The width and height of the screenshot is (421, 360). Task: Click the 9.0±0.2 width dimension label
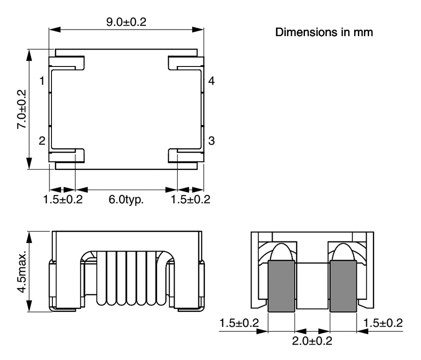click(126, 22)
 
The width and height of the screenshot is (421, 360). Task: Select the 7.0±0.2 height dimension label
click(22, 109)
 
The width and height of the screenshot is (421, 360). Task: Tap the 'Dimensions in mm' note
click(324, 32)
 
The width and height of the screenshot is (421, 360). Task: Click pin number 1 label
click(42, 81)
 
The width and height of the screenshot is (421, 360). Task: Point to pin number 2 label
click(42, 141)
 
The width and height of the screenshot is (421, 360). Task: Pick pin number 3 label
click(211, 141)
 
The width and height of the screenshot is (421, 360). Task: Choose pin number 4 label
click(211, 81)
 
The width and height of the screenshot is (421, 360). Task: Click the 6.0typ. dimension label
click(126, 199)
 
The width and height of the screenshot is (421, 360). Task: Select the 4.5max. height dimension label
click(22, 272)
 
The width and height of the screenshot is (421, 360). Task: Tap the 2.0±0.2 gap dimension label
click(312, 341)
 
